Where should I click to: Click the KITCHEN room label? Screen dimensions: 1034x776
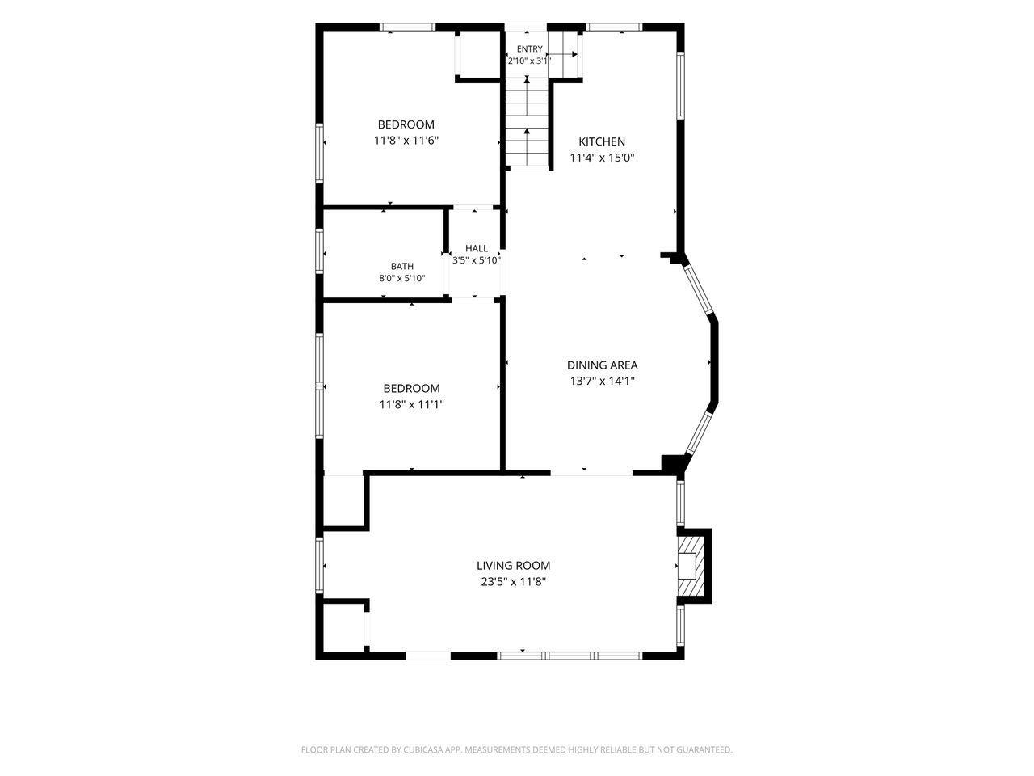coord(602,141)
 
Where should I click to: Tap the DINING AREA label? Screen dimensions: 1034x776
coord(602,365)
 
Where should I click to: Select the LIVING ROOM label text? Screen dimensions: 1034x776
coord(513,565)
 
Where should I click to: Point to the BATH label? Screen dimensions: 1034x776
coord(401,266)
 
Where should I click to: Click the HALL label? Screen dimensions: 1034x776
coord(477,248)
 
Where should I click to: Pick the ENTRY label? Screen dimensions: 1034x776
coord(529,49)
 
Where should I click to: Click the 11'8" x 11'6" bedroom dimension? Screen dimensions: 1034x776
coord(406,141)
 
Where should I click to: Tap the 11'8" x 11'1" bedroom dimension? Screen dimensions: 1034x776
coord(412,404)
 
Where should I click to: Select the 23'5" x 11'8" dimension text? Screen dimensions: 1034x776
coord(513,581)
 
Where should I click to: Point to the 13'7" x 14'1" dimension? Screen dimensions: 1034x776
coord(602,381)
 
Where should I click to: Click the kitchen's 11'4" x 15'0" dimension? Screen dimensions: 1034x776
coord(602,158)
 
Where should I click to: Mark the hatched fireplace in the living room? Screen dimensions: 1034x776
coord(691,566)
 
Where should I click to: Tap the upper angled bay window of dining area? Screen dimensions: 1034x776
coord(699,290)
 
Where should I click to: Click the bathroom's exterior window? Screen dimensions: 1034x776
coord(319,251)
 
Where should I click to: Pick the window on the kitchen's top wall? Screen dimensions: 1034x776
coord(613,27)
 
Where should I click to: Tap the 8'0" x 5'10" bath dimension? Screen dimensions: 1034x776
coord(401,278)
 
